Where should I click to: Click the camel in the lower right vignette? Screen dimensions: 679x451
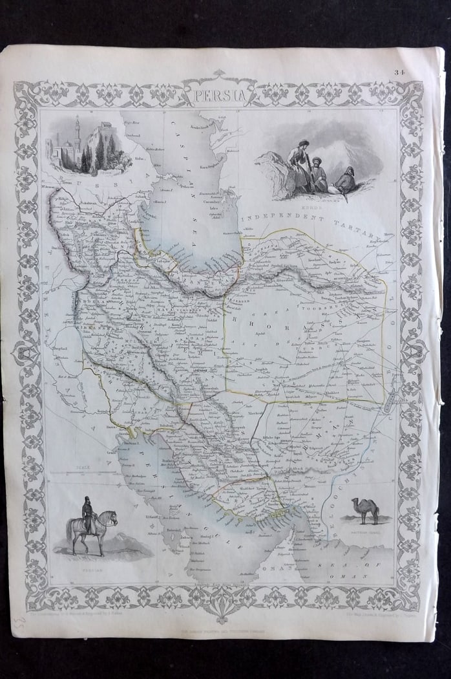pyautogui.click(x=366, y=510)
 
